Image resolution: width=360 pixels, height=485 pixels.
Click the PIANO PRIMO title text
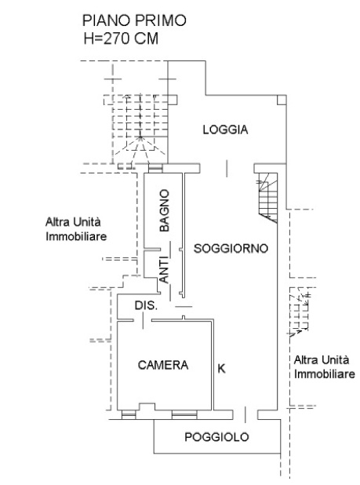(134, 20)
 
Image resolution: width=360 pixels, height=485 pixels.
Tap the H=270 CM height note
(121, 39)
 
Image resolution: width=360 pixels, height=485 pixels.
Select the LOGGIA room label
(225, 129)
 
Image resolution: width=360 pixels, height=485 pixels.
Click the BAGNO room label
(165, 210)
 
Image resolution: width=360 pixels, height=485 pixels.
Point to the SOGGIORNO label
(231, 248)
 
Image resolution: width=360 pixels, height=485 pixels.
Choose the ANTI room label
(164, 269)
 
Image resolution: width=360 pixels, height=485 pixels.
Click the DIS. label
(146, 305)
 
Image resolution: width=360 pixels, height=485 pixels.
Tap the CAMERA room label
(163, 365)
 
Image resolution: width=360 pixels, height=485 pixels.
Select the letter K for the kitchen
(221, 368)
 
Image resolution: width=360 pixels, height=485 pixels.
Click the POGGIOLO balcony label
(216, 437)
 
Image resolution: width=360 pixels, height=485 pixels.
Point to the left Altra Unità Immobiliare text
(76, 229)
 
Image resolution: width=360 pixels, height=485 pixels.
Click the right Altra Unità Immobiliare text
(324, 367)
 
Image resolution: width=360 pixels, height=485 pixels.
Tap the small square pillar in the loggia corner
(282, 100)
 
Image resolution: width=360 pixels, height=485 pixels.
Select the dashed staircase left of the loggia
(140, 130)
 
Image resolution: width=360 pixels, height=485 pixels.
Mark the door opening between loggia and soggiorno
(227, 168)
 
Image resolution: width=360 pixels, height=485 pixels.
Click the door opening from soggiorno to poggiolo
(245, 415)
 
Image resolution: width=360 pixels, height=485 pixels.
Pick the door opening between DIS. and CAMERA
(143, 320)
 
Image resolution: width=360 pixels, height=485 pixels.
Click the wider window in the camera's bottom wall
(184, 414)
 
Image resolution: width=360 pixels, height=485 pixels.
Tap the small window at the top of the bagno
(155, 168)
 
